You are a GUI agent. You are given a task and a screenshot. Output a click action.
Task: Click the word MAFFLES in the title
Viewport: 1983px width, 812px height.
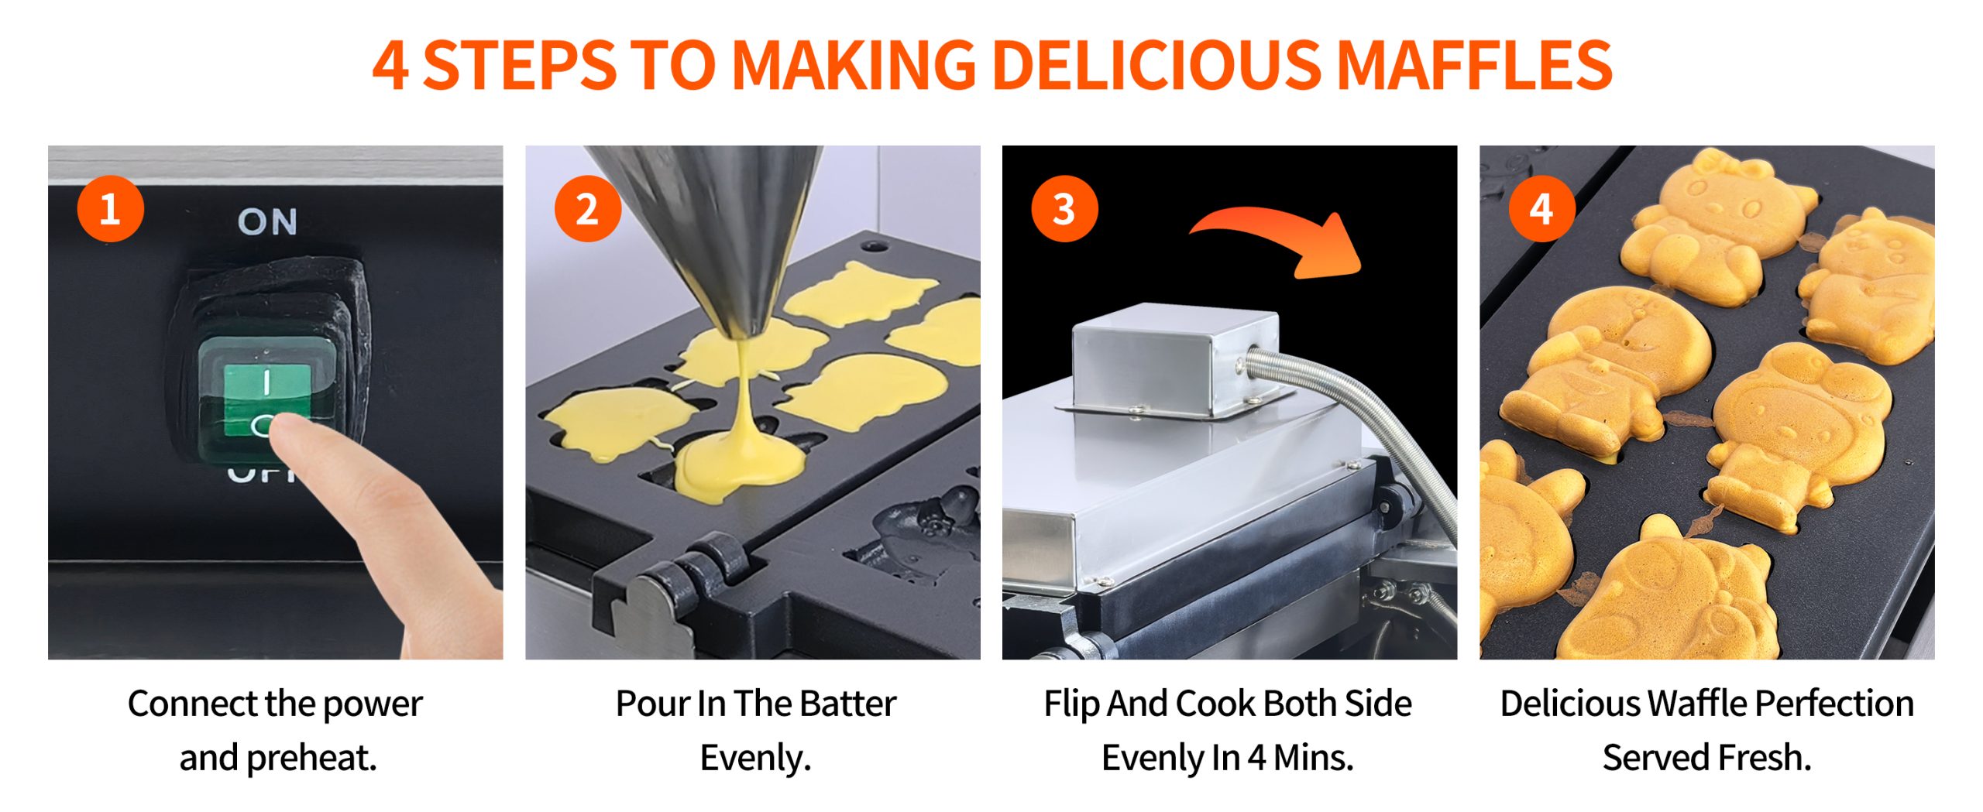pos(1475,65)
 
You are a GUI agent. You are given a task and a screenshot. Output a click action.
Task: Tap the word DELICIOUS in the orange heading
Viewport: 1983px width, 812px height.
pos(1157,65)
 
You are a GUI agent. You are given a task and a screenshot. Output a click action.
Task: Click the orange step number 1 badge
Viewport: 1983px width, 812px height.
pos(110,209)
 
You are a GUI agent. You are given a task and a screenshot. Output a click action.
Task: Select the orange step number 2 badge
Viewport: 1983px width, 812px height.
pos(587,209)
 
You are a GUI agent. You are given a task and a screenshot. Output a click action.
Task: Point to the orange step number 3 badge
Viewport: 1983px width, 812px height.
pos(1064,209)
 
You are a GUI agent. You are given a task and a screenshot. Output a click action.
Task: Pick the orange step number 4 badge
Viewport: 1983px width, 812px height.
pos(1541,209)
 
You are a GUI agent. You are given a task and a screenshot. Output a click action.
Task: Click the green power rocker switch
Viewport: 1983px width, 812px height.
pos(267,399)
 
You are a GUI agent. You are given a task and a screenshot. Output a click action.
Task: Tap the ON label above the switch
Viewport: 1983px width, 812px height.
pos(267,222)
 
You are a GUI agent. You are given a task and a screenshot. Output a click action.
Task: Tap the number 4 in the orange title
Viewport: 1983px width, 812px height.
pos(390,66)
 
